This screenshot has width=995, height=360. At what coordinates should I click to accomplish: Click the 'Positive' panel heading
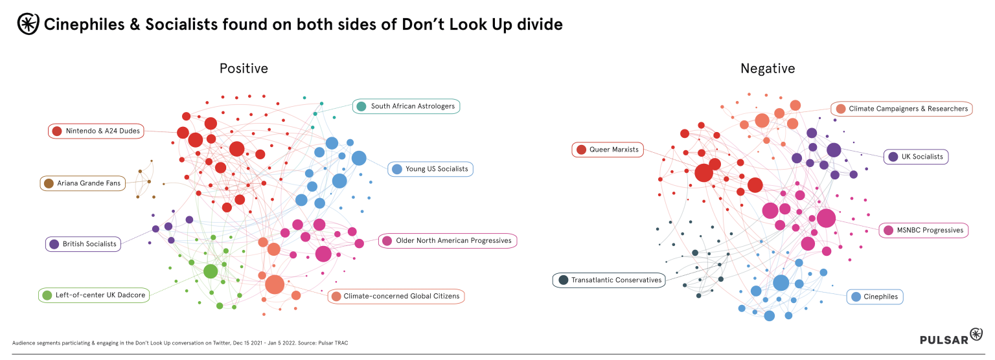tap(244, 68)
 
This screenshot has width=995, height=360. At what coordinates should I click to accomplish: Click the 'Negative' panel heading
tap(768, 68)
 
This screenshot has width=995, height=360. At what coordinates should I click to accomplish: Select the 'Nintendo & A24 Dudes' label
tap(96, 131)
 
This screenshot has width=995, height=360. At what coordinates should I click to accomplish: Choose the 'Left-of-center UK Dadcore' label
tap(95, 295)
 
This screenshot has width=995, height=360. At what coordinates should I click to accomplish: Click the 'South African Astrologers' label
tap(406, 106)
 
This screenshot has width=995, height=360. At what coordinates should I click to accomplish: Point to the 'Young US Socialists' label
tap(430, 169)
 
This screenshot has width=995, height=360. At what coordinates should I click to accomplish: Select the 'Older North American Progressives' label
tap(447, 241)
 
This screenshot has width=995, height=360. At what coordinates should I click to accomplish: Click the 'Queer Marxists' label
tap(608, 150)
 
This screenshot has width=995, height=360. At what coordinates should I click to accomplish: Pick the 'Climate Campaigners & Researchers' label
tap(902, 109)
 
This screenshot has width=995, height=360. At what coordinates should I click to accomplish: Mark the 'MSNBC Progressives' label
tap(924, 230)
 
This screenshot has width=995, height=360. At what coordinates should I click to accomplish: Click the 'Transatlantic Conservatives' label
tap(609, 280)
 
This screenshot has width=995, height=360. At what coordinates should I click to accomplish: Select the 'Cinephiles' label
tap(875, 297)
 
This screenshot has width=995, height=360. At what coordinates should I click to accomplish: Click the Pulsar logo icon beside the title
tap(27, 24)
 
